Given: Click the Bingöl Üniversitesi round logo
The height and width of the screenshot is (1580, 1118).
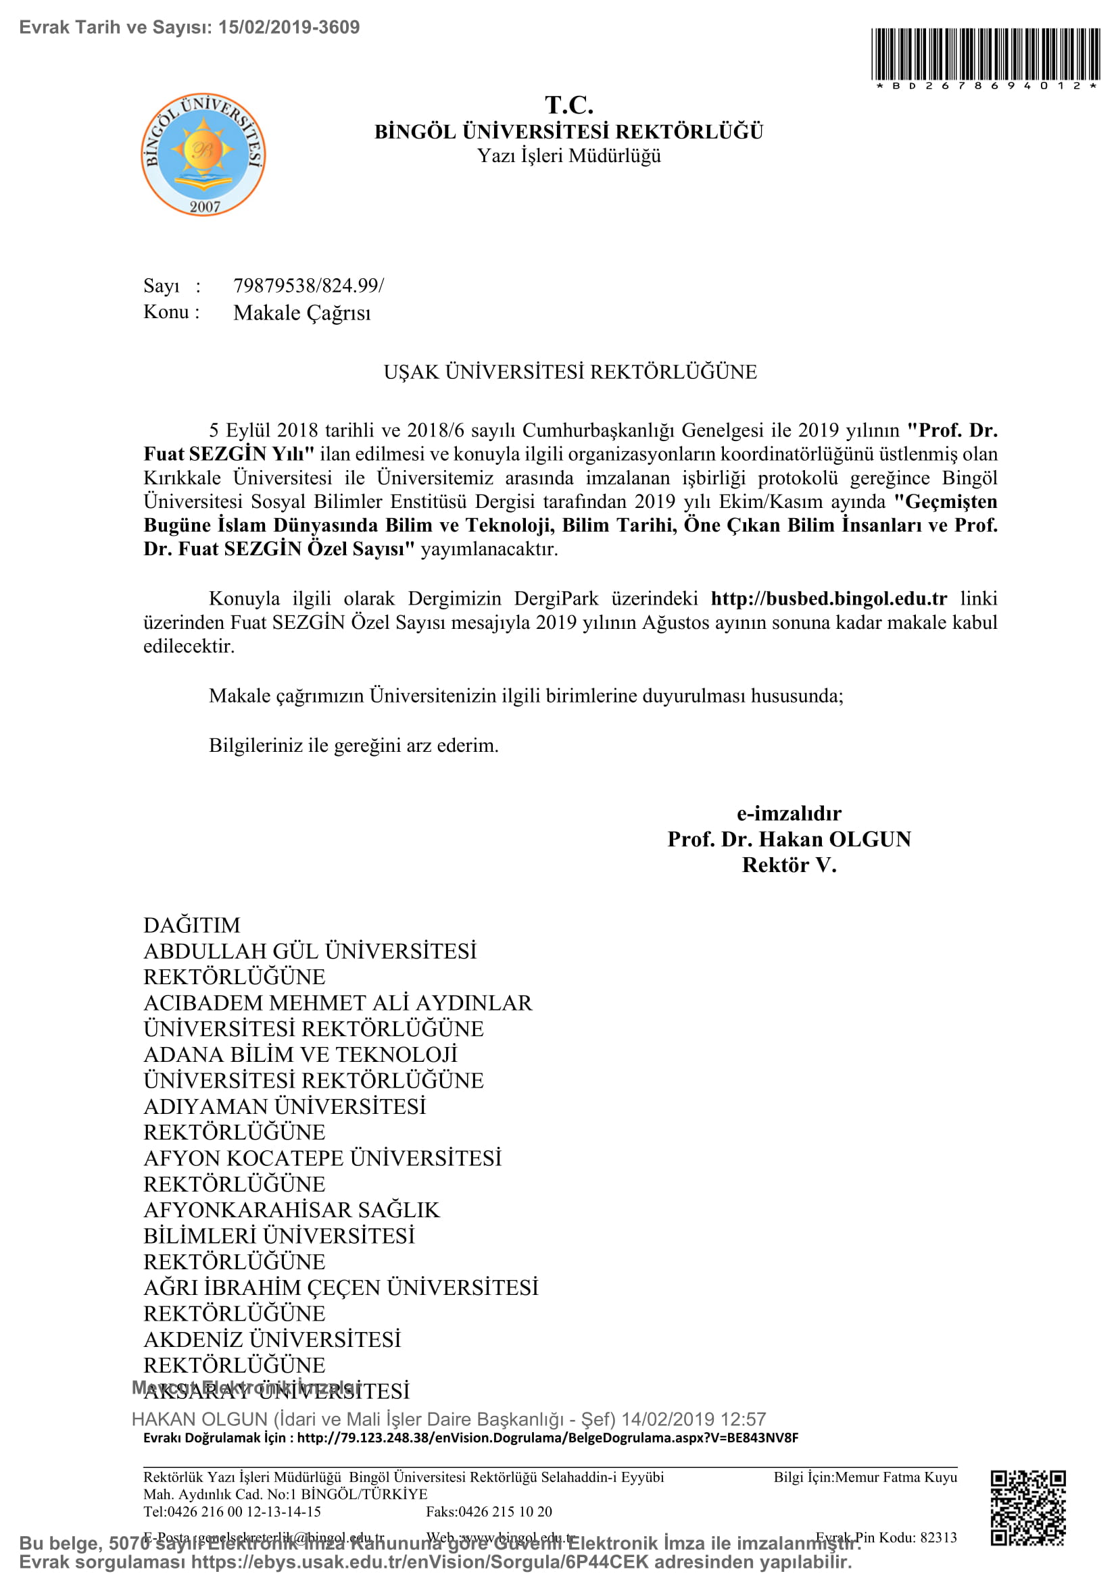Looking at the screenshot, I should tap(203, 155).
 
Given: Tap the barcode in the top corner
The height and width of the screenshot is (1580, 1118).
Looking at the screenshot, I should tap(985, 55).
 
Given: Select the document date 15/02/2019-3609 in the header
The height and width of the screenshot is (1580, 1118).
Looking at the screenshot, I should tap(289, 28).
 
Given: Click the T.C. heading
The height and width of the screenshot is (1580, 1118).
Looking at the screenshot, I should tap(568, 105).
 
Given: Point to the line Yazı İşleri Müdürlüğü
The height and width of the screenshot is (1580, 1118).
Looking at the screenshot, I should tap(568, 156).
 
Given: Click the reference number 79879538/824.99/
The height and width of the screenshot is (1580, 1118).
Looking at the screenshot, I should tap(308, 286).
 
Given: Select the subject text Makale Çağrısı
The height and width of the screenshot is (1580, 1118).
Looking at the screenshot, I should tap(301, 313).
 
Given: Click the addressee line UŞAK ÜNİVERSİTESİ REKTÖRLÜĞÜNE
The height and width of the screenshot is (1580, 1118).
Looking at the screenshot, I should tap(570, 372).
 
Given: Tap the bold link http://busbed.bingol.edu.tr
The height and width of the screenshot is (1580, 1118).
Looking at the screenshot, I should tap(829, 598).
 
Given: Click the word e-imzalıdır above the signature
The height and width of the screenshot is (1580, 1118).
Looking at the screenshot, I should tap(789, 813).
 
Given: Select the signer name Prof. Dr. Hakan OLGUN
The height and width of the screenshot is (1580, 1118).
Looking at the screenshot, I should tap(789, 840).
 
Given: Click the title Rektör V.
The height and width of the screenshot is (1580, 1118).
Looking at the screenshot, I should tap(789, 866).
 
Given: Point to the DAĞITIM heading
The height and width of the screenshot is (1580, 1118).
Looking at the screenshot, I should tap(192, 925).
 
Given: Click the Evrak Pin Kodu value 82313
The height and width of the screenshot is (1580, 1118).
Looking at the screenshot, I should tap(938, 1537).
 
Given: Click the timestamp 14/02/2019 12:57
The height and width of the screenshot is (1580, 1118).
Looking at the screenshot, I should tap(694, 1419).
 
